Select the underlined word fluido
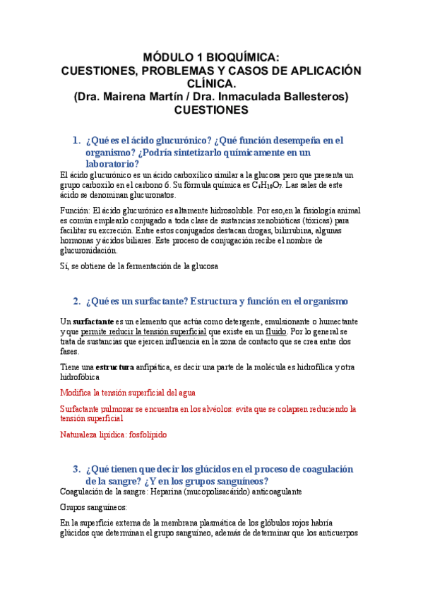click(x=276, y=331)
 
